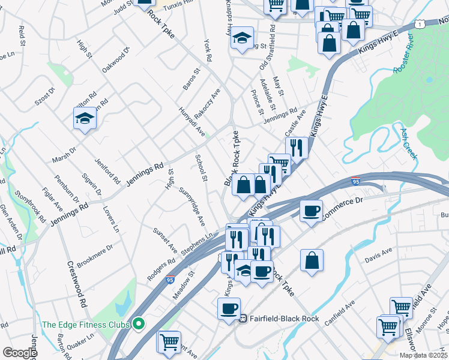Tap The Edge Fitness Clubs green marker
139,325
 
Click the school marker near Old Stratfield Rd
242,38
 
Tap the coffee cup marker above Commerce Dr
312,211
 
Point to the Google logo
20,353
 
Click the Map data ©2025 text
423,355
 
